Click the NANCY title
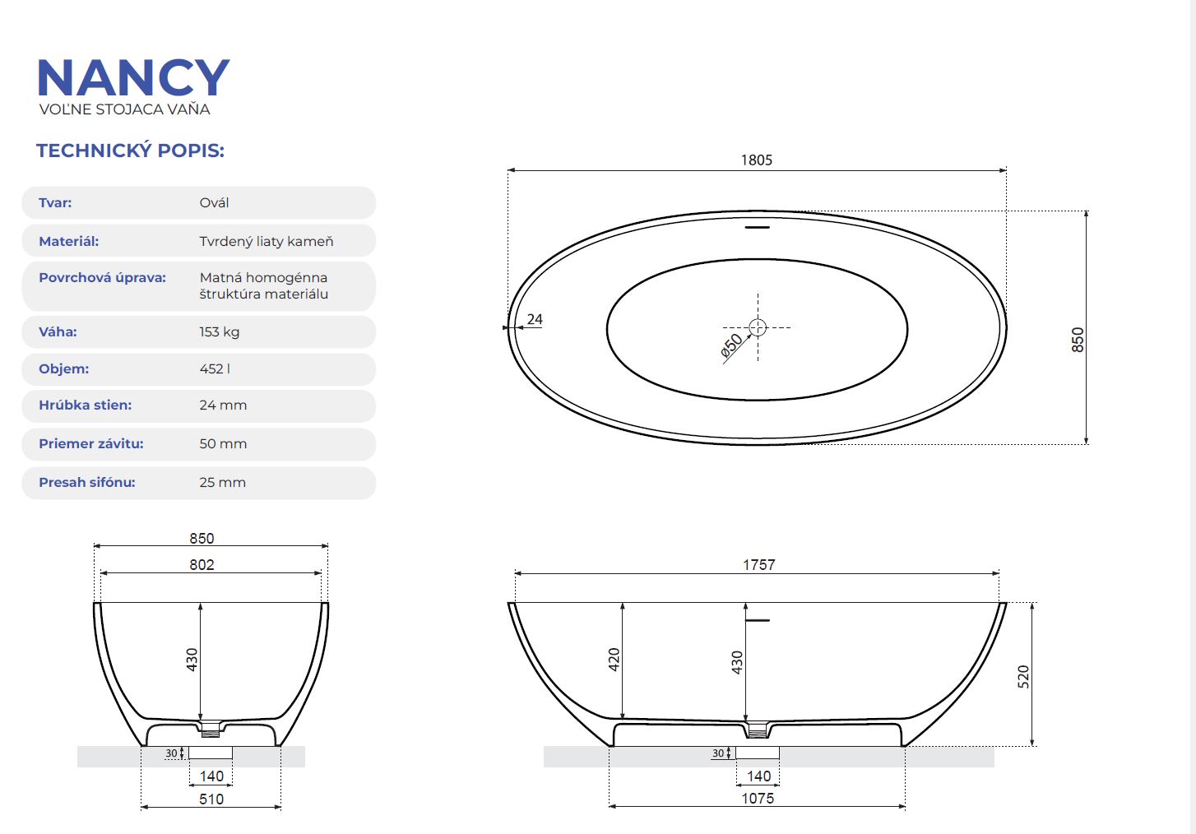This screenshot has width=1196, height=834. (x=133, y=77)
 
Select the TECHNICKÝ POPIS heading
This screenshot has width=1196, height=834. (x=130, y=151)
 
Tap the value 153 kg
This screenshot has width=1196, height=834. (x=220, y=332)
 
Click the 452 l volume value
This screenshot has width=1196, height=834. (x=215, y=369)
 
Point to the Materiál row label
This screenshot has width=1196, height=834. (x=69, y=241)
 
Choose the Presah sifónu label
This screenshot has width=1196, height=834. (x=87, y=482)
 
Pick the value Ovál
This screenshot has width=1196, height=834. (x=214, y=203)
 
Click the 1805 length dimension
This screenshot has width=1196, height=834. (x=757, y=160)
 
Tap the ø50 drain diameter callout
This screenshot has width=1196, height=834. (x=731, y=345)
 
